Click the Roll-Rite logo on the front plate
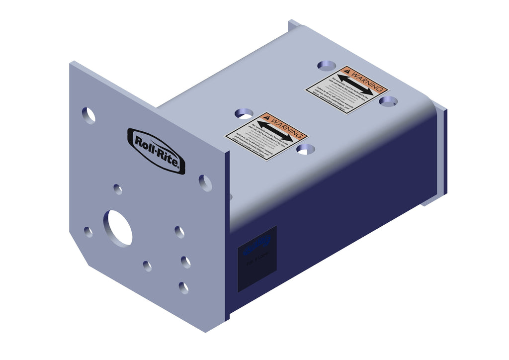click(156, 151)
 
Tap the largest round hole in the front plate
click(118, 228)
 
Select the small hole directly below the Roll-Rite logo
click(118, 189)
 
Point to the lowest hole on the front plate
click(183, 287)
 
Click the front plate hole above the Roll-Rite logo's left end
click(88, 115)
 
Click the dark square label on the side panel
click(257, 259)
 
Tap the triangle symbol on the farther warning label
click(347, 72)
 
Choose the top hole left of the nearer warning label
click(244, 113)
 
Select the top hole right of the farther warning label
click(388, 101)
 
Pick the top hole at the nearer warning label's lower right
click(305, 149)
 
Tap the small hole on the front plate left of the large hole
click(88, 232)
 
